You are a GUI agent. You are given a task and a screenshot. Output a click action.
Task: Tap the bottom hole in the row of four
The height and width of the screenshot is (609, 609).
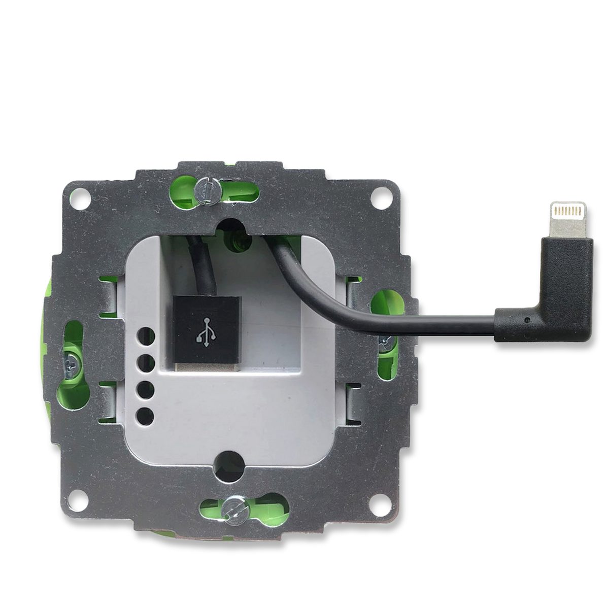pyautogui.click(x=146, y=416)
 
